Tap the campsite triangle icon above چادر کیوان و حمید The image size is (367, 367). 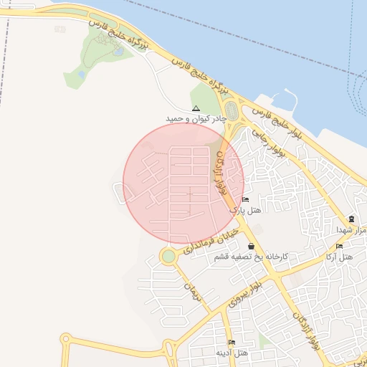[x=196, y=108]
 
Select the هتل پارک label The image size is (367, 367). [x=246, y=211]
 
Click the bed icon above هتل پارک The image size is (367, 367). [x=246, y=200]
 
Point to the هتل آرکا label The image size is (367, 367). [x=340, y=257]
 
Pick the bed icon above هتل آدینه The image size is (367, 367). [x=231, y=343]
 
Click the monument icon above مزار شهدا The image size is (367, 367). [x=351, y=219]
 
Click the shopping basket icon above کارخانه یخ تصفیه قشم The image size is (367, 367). [x=249, y=246]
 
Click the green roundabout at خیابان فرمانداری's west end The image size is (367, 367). [x=168, y=256]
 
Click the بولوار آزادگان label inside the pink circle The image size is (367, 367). [x=219, y=174]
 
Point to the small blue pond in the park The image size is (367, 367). [x=82, y=74]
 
